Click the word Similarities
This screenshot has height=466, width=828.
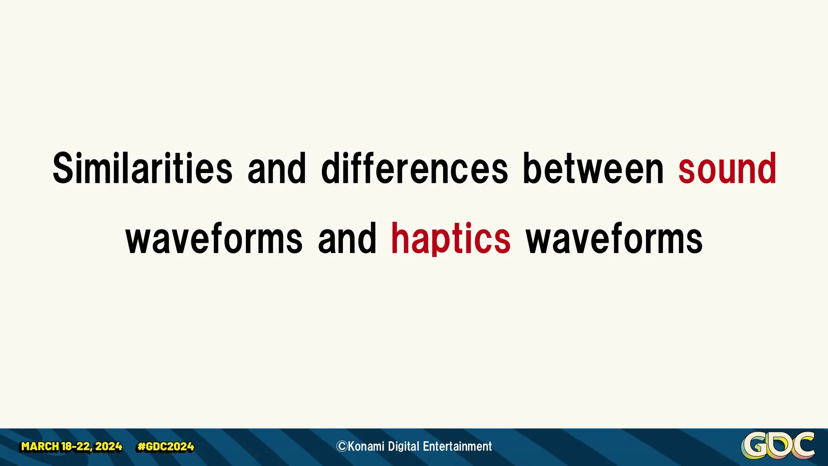coord(142,168)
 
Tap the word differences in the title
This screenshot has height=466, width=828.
coord(414,168)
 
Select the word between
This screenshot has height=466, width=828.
coord(593,168)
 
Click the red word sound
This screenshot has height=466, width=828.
coord(727,168)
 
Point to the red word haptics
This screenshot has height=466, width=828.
coord(450,239)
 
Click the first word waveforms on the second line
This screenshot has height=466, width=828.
coord(214,239)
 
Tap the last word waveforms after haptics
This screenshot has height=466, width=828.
coord(614,239)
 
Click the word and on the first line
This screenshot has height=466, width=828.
coord(277,168)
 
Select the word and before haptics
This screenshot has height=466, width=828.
coord(347,239)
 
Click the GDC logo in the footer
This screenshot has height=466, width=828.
coord(777,445)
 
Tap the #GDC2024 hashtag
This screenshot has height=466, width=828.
coord(166,447)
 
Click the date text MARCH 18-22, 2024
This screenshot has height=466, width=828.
coord(72,447)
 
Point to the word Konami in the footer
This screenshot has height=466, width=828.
coord(366,447)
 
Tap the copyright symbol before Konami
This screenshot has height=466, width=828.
coord(342,447)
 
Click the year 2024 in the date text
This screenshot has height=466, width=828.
coord(109,447)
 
